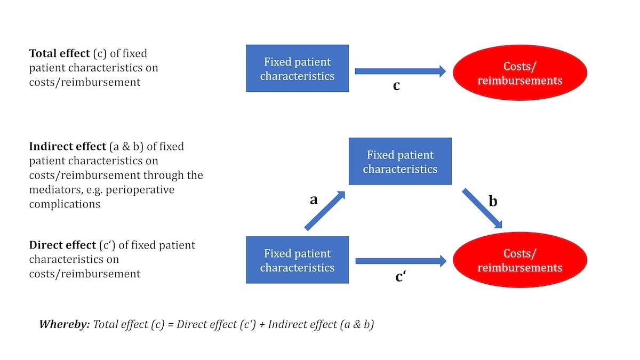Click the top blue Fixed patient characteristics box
pyautogui.click(x=297, y=68)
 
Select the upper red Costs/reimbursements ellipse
pyautogui.click(x=519, y=73)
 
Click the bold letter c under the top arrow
pyautogui.click(x=396, y=85)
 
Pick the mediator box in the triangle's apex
pyautogui.click(x=400, y=162)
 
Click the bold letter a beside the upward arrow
pyautogui.click(x=314, y=199)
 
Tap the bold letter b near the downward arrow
pyautogui.click(x=493, y=202)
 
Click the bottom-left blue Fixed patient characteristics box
pyautogui.click(x=297, y=260)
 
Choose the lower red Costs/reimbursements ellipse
pyautogui.click(x=519, y=260)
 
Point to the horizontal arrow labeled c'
pyautogui.click(x=400, y=261)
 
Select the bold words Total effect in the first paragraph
pyautogui.click(x=60, y=53)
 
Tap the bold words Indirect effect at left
pyautogui.click(x=67, y=146)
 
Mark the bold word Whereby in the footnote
pyautogui.click(x=64, y=324)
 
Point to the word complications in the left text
pyautogui.click(x=65, y=204)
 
